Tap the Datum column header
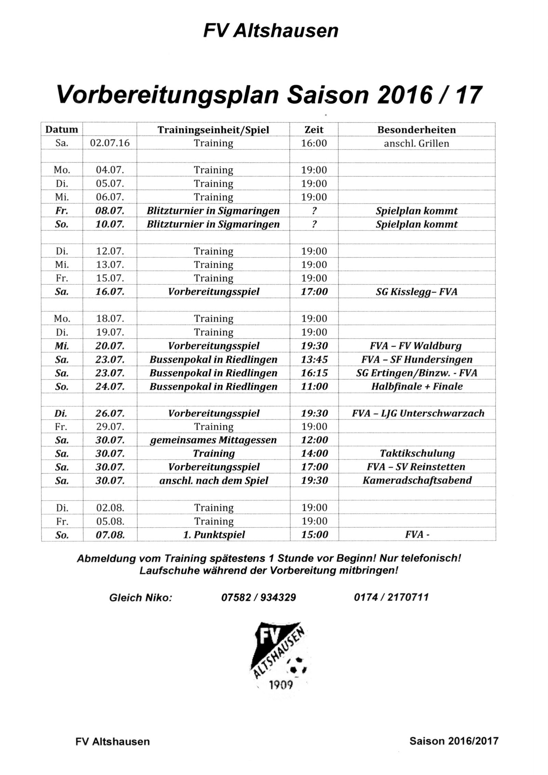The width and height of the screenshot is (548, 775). [62, 130]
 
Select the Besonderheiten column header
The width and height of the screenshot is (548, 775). [416, 130]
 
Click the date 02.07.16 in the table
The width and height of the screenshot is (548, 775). [110, 143]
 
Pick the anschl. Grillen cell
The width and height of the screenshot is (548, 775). [416, 143]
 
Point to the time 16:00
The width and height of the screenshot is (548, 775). [314, 143]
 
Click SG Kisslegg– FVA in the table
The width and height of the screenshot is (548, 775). [416, 292]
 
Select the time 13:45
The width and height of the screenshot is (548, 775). [314, 359]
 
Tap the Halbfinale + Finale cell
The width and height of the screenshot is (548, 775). [417, 386]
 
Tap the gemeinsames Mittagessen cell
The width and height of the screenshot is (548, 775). [214, 440]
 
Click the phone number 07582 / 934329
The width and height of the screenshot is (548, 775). [258, 597]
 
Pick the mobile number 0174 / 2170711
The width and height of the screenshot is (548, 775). [391, 597]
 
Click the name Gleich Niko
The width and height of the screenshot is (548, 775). [140, 598]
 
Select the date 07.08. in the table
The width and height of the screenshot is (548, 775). [110, 535]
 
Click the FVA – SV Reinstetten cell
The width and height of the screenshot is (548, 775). [416, 467]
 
